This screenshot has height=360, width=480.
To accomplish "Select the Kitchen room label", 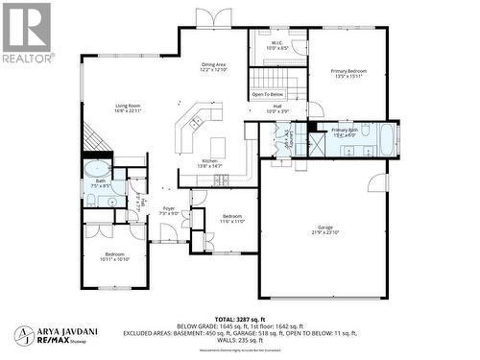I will [x=210, y=163].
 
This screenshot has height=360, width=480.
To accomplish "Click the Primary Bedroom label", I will [x=350, y=74].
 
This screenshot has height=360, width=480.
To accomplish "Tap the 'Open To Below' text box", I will [x=268, y=95].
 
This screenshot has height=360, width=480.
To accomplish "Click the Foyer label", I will [x=169, y=210].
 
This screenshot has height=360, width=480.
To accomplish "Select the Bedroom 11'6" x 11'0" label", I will [x=232, y=219].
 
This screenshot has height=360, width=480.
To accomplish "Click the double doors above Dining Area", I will [x=214, y=17].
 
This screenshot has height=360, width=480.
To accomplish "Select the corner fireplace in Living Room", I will [x=92, y=140].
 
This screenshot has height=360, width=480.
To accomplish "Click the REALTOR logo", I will [x=27, y=33].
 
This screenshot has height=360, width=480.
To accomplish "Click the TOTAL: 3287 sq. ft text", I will [x=252, y=317].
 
